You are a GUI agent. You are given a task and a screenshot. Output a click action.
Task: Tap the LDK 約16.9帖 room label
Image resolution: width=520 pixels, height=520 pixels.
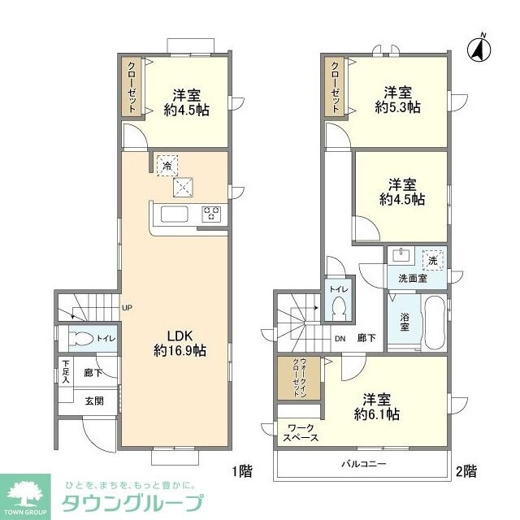click(x=176, y=343)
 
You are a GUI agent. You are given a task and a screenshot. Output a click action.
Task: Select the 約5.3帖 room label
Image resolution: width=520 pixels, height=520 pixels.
click(x=397, y=98)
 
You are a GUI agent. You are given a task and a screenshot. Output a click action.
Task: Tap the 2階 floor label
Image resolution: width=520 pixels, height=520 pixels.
click(x=466, y=470)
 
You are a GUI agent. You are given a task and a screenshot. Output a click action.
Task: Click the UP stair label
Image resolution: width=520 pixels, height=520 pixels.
click(x=127, y=308)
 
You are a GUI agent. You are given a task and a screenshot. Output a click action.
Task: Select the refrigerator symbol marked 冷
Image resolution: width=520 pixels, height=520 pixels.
click(x=167, y=165)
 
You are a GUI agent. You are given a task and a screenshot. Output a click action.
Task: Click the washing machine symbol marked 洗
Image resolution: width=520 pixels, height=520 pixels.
click(x=434, y=261)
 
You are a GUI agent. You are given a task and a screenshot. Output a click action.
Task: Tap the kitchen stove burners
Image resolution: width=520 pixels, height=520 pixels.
click(x=212, y=214)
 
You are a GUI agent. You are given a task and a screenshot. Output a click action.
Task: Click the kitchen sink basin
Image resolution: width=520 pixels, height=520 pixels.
click(x=175, y=214)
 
